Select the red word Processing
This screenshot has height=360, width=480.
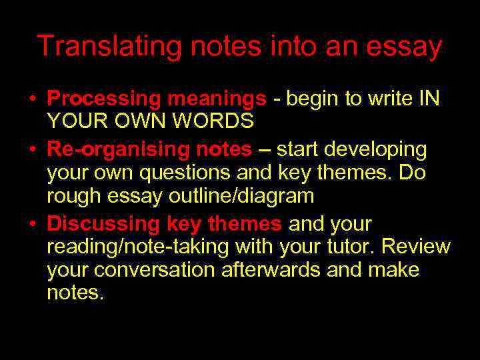coord(104,99)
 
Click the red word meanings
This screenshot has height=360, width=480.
coord(217,99)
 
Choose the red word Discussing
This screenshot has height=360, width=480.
coord(100,223)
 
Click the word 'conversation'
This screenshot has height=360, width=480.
coord(164,270)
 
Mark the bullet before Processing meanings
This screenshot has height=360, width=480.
coord(32,100)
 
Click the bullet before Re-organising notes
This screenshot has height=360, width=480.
coord(32,150)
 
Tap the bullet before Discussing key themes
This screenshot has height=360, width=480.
coord(32,224)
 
